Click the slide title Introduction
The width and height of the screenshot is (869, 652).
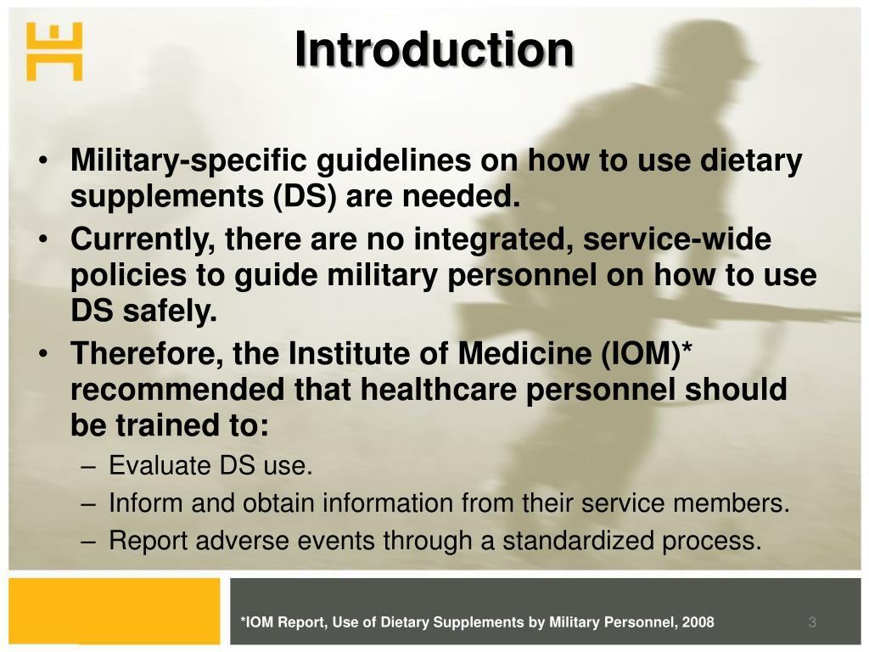tap(434, 49)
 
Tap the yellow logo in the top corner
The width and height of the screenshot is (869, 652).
tap(54, 52)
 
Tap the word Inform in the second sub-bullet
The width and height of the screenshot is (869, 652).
tap(145, 503)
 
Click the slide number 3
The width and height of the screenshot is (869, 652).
tap(812, 622)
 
